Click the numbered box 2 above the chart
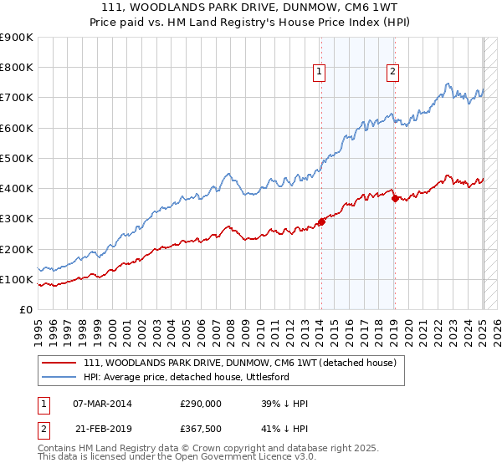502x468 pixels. pos(393,73)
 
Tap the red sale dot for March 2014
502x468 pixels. pos(320,221)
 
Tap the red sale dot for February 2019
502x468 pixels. pos(394,198)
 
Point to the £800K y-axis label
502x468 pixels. pos(17,68)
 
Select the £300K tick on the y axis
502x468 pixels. pos(17,219)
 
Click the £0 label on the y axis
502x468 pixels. pos(24,310)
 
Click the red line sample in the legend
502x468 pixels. pos(59,363)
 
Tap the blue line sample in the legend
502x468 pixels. pos(59,377)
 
